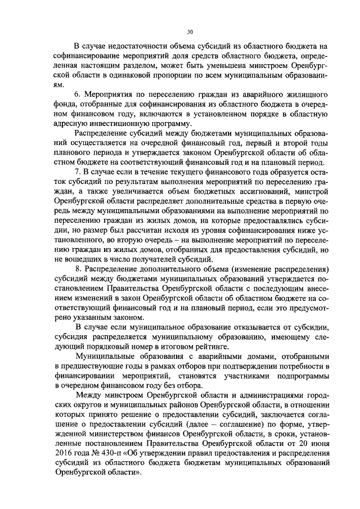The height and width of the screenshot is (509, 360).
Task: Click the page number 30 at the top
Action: click(190, 32)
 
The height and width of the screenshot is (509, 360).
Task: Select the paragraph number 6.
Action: click(78, 93)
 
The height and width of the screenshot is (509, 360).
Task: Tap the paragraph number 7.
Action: click(78, 170)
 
